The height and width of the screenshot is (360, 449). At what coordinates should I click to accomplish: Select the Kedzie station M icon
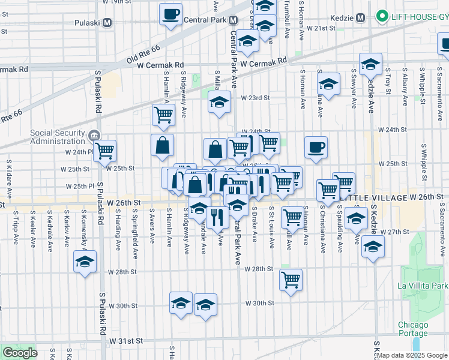[360, 18]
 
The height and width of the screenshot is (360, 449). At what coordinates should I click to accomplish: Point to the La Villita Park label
[422, 286]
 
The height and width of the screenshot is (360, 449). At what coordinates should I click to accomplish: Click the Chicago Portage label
[413, 329]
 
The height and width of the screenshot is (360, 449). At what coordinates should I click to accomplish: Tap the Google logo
[20, 353]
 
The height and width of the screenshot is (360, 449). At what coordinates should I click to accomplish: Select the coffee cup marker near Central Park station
[170, 13]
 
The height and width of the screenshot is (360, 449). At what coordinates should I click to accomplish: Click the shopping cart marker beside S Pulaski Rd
[105, 150]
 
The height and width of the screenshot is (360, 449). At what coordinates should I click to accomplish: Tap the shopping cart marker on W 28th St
[291, 279]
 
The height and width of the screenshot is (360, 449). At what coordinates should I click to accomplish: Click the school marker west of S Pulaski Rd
[85, 262]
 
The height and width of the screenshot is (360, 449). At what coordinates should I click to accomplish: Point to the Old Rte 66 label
[144, 55]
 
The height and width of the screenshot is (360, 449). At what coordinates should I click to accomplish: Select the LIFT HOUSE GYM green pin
[381, 17]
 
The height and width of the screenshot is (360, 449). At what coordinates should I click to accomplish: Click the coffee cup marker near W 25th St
[316, 147]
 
